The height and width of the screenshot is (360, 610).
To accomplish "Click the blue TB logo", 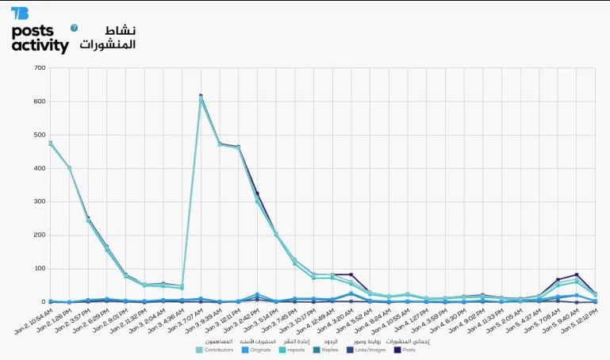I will point(20,13).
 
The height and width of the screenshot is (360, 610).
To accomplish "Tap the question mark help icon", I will point(75,28).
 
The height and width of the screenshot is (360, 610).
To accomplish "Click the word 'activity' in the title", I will point(40,46).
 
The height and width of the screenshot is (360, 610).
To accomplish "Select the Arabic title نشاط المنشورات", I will point(108,37).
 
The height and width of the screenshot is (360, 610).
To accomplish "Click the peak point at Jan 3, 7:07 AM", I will point(201,97).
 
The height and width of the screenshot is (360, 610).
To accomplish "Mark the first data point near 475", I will point(50,144).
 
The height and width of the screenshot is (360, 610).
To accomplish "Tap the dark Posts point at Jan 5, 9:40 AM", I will point(577,275).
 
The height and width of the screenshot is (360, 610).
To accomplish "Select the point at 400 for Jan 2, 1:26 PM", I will point(70,168).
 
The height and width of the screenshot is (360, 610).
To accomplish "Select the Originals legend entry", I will point(258,350).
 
